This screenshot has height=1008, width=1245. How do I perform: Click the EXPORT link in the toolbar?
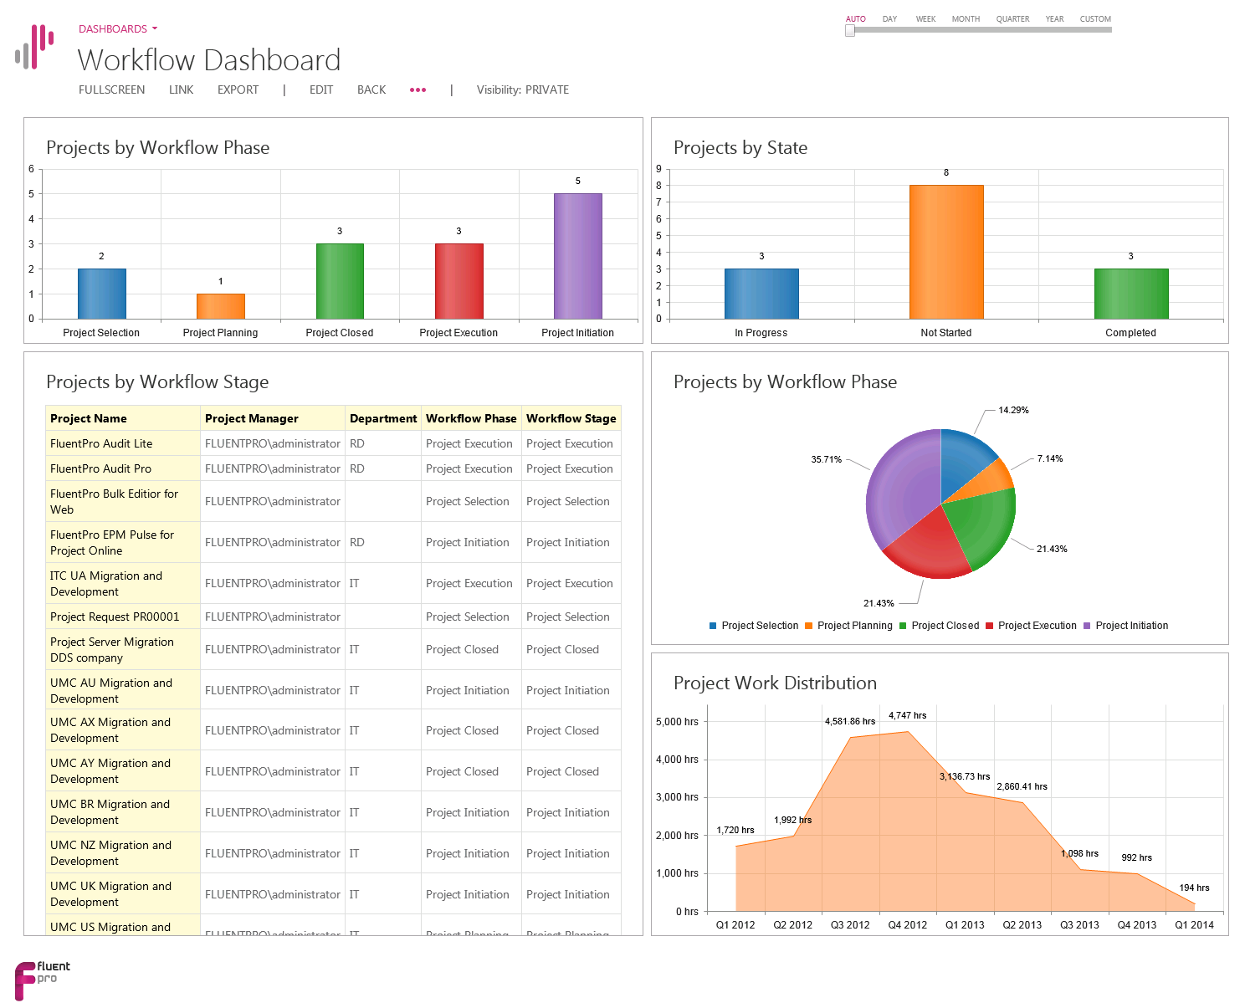tap(238, 90)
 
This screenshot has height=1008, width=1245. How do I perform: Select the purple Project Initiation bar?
tap(577, 256)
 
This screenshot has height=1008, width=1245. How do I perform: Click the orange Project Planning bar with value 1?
tap(221, 306)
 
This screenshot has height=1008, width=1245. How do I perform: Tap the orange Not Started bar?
tap(946, 252)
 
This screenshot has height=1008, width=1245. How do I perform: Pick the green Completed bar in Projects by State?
tap(1130, 294)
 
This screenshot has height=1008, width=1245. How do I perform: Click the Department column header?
tap(382, 418)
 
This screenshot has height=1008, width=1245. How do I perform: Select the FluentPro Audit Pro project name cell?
tap(101, 468)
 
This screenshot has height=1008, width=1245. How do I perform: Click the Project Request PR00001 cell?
tap(115, 617)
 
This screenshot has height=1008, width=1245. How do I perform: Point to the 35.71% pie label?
tap(826, 459)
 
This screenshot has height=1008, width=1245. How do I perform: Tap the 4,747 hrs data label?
tap(907, 715)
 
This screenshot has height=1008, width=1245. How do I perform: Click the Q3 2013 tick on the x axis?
tap(1079, 924)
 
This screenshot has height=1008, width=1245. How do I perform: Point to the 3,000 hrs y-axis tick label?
tap(677, 797)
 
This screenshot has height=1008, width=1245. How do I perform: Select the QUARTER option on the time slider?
tap(1012, 18)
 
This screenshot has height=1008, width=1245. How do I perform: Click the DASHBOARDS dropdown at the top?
tap(118, 28)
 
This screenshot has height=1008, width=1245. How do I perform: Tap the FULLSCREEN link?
tap(111, 90)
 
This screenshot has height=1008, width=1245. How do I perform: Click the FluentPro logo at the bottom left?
tap(42, 979)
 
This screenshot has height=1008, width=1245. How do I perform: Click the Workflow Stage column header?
tap(571, 418)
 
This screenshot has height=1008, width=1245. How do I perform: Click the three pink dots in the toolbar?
tap(418, 90)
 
